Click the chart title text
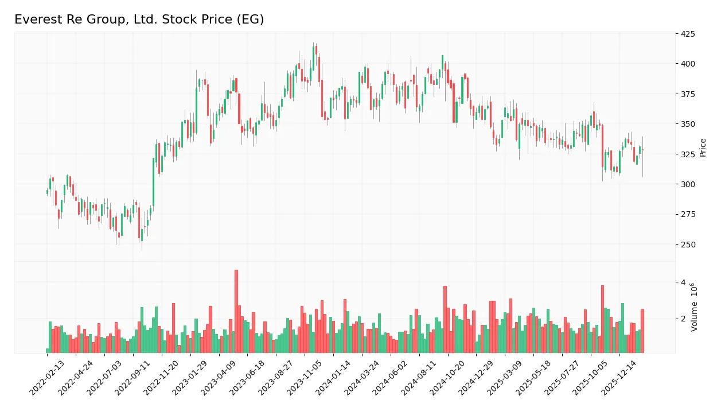tap(139, 20)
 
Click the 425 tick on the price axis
tap(688, 34)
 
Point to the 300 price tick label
tap(688, 184)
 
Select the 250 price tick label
tap(688, 245)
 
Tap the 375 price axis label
tap(688, 94)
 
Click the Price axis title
tap(703, 148)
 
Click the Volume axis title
tap(695, 307)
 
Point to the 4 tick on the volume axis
tap(683, 282)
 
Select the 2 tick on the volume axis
tap(683, 319)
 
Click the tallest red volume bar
tap(236, 312)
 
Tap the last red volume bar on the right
tap(642, 331)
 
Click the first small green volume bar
tap(48, 350)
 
